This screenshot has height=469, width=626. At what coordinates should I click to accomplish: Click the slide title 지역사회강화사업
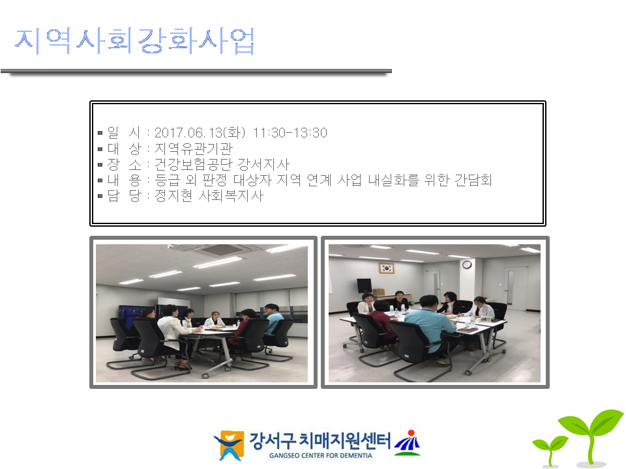pos(134,40)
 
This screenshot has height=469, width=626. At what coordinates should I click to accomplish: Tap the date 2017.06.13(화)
pos(200,132)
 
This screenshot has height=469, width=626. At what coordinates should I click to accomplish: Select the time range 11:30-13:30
pos(290,132)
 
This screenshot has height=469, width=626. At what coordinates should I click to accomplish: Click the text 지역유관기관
pos(193,149)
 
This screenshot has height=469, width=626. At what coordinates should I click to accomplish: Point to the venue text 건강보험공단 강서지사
pos(222,164)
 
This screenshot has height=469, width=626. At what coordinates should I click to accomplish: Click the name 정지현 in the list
pos(173,195)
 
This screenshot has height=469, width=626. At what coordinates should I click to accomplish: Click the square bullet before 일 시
pos(100,133)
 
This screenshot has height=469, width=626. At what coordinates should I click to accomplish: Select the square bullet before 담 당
pos(100,196)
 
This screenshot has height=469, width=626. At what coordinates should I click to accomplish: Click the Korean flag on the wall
pos(386,268)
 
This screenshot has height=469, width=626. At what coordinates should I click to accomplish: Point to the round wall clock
pos(467,264)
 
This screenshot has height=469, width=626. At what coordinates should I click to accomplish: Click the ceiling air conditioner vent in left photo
pos(224,250)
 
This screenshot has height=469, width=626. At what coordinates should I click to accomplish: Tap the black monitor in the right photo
pos(364,285)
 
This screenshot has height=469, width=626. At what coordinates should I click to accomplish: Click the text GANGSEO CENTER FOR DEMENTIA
pos(321,455)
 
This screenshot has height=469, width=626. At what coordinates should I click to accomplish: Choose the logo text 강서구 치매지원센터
pos(320,441)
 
